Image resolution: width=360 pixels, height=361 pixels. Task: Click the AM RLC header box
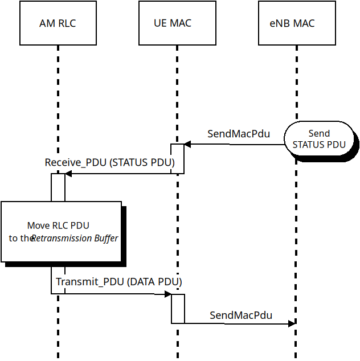pos(58,23)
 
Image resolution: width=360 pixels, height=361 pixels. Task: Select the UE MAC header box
pos(177,23)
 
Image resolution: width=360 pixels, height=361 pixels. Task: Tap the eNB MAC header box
pos(296,23)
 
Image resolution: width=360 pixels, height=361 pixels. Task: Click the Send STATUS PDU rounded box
pos(319,139)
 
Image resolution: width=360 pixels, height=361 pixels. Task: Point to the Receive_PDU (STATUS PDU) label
pos(110,163)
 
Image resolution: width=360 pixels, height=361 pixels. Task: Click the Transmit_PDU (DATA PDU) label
pos(118,282)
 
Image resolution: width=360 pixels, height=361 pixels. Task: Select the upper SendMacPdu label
pos(238,134)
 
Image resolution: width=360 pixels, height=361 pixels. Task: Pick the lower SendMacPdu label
pos(241,315)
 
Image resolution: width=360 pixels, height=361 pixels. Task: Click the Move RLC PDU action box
pos(62,231)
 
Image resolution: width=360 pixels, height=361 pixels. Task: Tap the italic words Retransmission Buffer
pos(75,238)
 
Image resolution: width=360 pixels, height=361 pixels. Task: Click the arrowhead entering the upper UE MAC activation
pos(187,145)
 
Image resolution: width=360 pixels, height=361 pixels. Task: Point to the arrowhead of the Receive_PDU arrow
pos(68,174)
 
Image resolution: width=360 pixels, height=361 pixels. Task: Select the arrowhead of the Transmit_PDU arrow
pos(168,294)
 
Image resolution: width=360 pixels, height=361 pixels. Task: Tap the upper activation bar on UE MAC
pos(177,159)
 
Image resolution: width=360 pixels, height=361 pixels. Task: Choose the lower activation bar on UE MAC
pos(178,309)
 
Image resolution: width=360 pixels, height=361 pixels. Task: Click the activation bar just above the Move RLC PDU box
pos(58,187)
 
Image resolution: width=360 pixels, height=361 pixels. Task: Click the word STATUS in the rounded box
pos(308,145)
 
